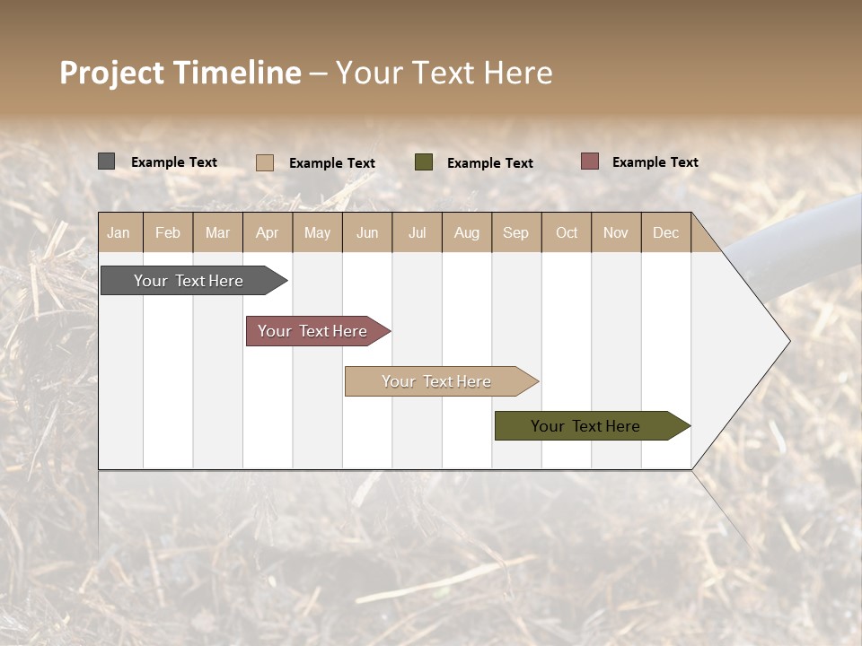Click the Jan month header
(119, 232)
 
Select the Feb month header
(168, 232)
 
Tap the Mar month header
(217, 232)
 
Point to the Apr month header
(267, 232)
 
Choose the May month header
(317, 232)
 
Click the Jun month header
(367, 232)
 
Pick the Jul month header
(417, 232)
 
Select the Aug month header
(466, 232)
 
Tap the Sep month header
(515, 232)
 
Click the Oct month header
(567, 232)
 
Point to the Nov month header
(615, 232)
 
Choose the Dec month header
(665, 232)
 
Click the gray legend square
(107, 161)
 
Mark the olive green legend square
(424, 161)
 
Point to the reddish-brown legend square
(589, 161)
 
